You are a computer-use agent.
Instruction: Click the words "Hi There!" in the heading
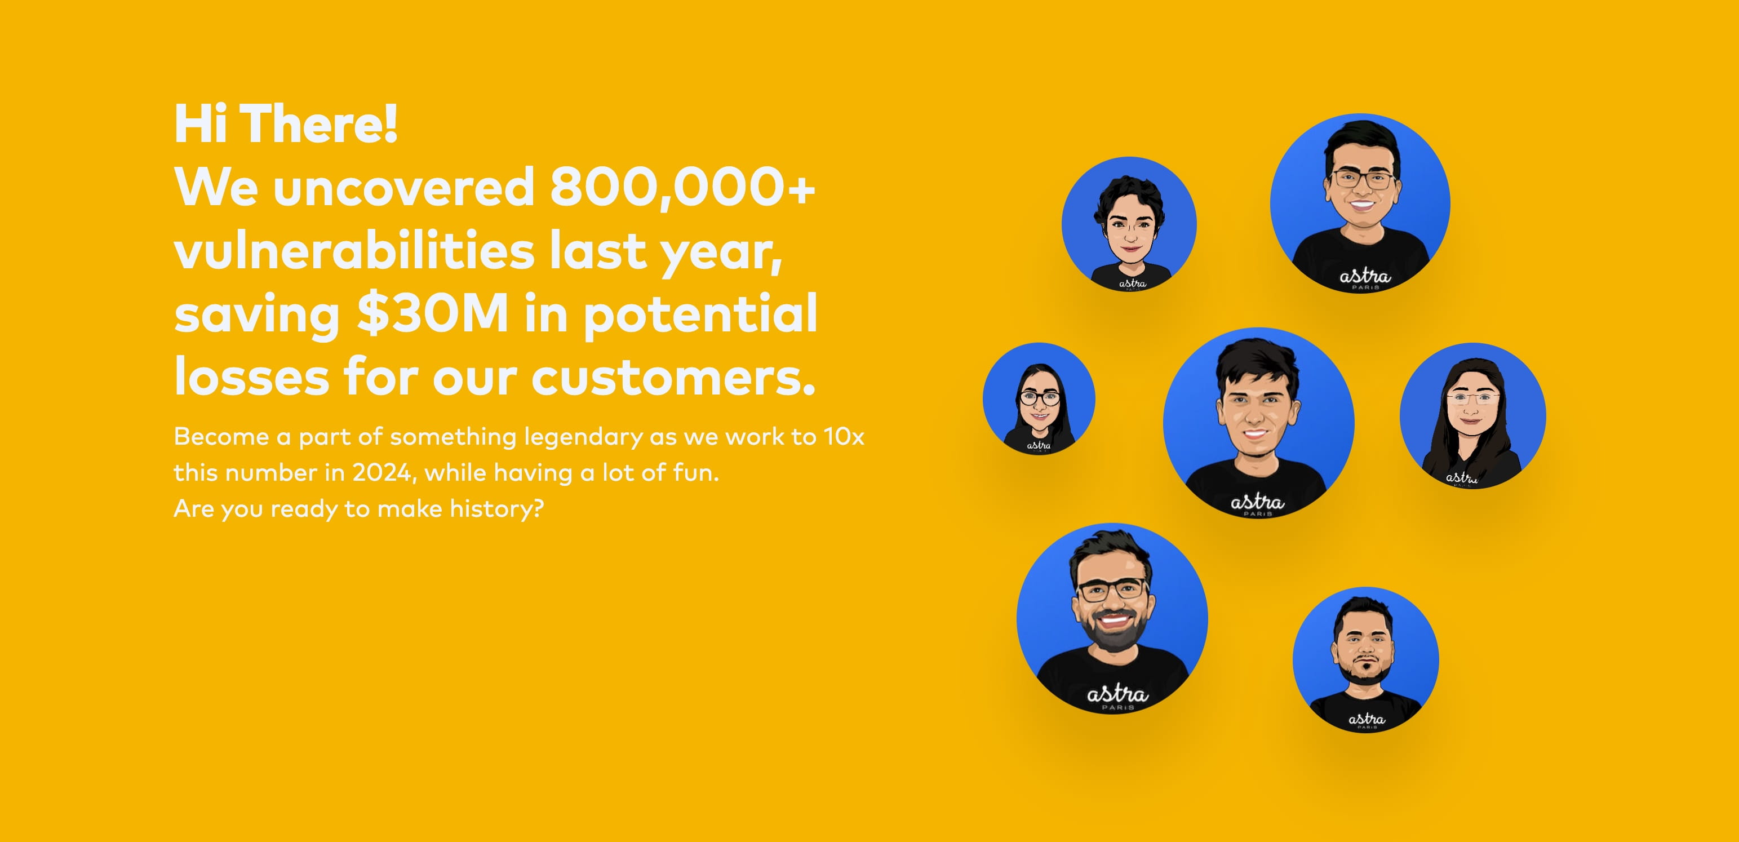(x=286, y=123)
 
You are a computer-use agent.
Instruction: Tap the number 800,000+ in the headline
(x=682, y=187)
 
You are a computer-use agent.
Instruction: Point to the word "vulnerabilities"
(x=354, y=250)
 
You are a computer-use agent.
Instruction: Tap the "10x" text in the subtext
(x=844, y=436)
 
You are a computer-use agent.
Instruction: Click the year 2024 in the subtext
(x=382, y=473)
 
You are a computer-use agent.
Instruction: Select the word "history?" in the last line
(x=497, y=508)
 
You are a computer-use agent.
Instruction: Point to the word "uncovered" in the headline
(x=403, y=187)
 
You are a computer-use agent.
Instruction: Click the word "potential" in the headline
(x=700, y=314)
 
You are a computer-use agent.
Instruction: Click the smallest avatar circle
(x=1039, y=398)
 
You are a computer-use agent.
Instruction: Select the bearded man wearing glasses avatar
(x=1112, y=618)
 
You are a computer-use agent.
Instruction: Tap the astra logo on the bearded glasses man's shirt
(x=1117, y=695)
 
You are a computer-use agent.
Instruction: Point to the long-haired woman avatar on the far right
(x=1473, y=415)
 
